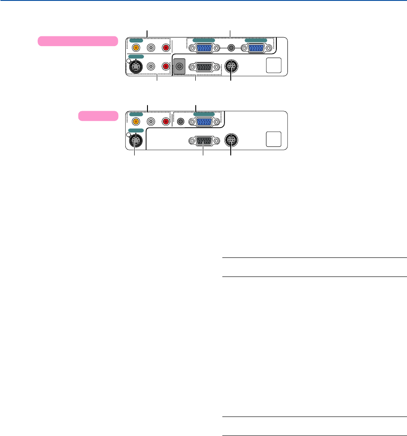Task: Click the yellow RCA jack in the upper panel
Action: (136, 47)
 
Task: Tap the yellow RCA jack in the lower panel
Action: (136, 121)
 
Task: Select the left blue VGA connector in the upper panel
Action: (204, 48)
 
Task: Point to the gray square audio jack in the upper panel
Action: (179, 67)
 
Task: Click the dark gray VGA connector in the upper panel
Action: (204, 67)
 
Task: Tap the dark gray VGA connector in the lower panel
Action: (204, 141)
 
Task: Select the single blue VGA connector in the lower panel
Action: (204, 121)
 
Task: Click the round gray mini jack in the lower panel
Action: (180, 121)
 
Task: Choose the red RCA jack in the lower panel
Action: (166, 121)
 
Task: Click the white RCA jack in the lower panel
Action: (151, 121)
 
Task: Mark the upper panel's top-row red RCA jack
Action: (166, 47)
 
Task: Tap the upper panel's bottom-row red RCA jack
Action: (166, 66)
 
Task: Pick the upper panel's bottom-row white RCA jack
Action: (151, 66)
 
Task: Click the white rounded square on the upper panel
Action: (273, 66)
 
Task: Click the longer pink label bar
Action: (78, 41)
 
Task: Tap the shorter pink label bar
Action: (98, 116)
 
